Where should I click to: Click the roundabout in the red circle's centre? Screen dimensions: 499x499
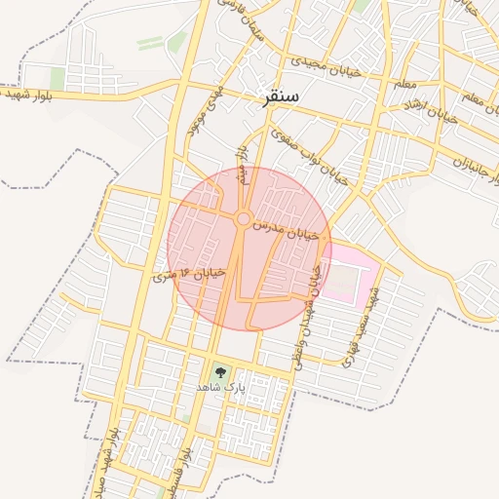pyautogui.click(x=243, y=219)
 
